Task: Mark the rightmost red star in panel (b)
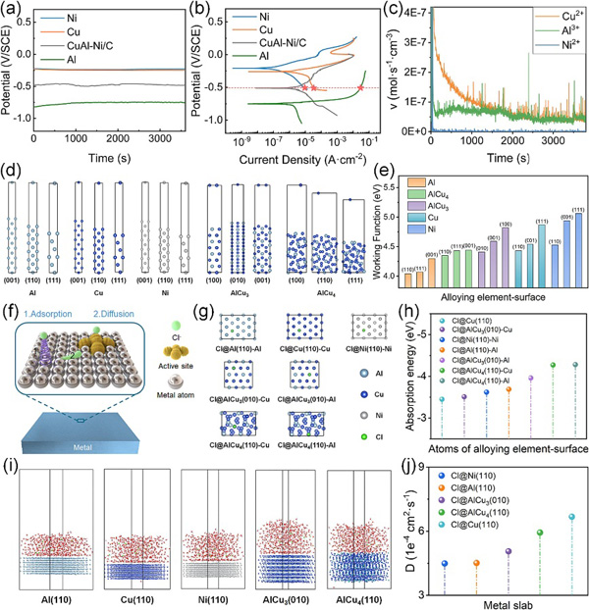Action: point(361,88)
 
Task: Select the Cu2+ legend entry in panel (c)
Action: point(549,18)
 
